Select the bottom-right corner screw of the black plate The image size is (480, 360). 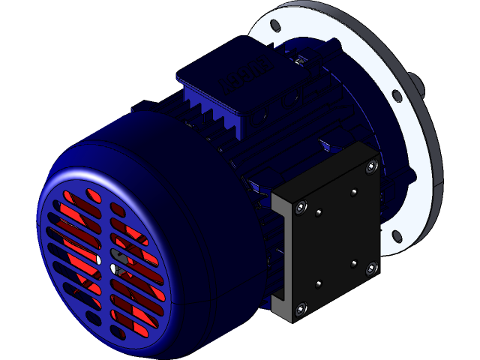coord(371,268)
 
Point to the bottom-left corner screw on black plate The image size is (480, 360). coord(301,307)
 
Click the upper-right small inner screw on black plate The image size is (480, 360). coord(352,192)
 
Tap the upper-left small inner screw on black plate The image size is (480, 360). coord(319,213)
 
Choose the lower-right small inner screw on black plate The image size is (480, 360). coord(353,264)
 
